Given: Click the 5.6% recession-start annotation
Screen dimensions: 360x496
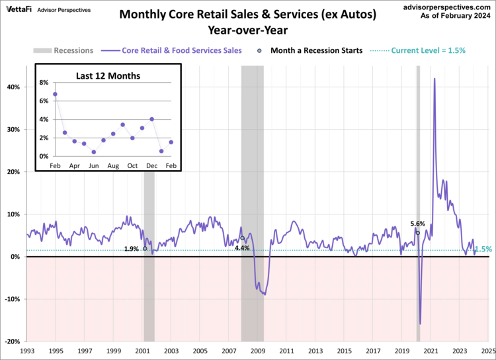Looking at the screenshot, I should click(x=417, y=224).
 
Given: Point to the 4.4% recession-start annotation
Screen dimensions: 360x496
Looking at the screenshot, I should click(x=242, y=247).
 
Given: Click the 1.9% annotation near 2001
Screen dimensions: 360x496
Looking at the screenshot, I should click(x=131, y=249).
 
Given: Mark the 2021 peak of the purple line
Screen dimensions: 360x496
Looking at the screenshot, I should click(x=434, y=79).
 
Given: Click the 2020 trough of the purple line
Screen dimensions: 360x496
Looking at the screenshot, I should click(x=421, y=324).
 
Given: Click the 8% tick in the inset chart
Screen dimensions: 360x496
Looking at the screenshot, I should click(x=44, y=83).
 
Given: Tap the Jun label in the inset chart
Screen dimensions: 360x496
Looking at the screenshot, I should click(x=94, y=165).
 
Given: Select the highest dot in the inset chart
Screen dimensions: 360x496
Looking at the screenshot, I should click(x=55, y=94).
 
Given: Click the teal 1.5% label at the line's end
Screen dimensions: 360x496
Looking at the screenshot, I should click(x=483, y=249).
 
